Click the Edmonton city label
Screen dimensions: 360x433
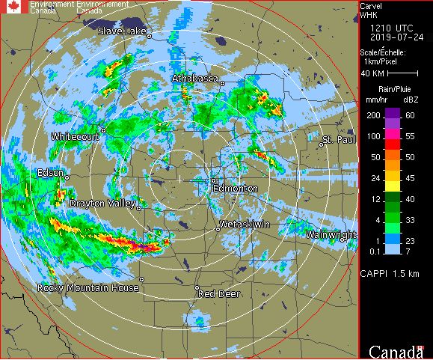click(236, 189)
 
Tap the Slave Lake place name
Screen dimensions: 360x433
click(123, 31)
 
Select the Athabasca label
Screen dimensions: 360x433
click(194, 78)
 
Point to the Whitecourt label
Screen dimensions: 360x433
click(75, 137)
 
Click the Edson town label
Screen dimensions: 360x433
click(50, 173)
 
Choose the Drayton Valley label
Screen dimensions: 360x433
click(102, 204)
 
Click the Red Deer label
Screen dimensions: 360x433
click(218, 294)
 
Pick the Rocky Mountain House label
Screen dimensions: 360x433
click(88, 288)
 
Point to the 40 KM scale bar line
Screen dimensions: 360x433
click(402, 73)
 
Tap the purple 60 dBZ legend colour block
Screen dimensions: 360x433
click(392, 115)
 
